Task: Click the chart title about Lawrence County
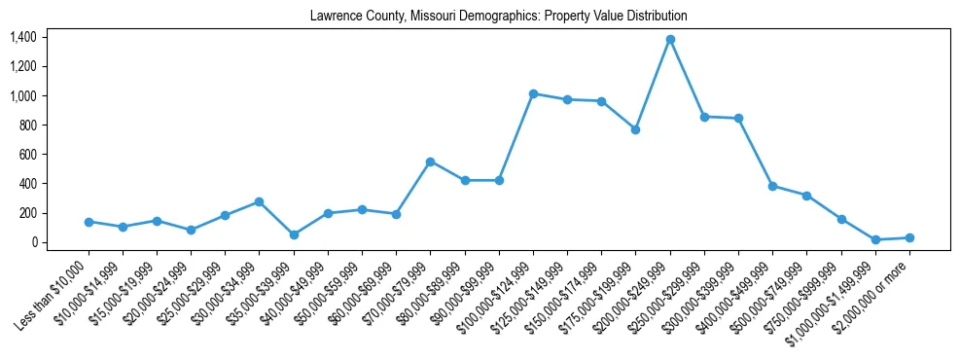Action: [498, 16]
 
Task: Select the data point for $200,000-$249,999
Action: [670, 39]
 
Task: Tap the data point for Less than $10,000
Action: [89, 222]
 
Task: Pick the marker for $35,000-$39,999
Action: [294, 234]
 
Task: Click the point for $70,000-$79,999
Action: [430, 162]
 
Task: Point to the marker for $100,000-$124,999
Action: [533, 93]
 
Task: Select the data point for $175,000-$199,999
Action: [635, 129]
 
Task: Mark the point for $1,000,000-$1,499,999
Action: [875, 239]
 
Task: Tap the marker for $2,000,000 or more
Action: [909, 237]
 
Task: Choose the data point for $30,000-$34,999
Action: [260, 201]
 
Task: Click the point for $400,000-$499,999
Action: [772, 186]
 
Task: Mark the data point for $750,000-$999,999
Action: [841, 219]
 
